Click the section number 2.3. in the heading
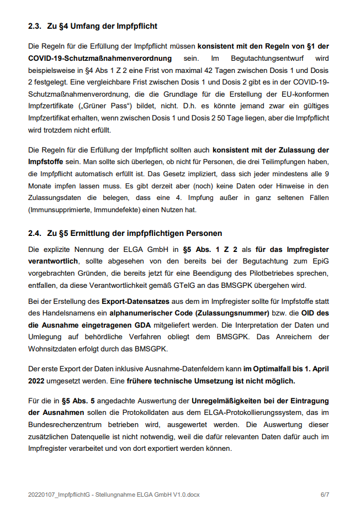click(x=36, y=26)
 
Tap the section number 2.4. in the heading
click(x=36, y=233)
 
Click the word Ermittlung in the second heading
click(x=99, y=233)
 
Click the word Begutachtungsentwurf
click(x=271, y=58)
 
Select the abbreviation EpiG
click(x=320, y=261)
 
